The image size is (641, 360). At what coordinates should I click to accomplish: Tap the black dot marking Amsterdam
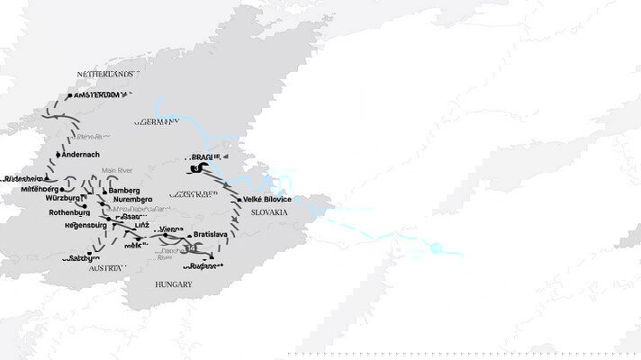pos(69,95)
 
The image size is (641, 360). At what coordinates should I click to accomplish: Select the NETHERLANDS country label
pos(104,74)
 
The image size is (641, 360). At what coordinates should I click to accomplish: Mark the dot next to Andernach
pos(59,155)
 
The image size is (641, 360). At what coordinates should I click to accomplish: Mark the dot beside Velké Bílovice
pos(240,199)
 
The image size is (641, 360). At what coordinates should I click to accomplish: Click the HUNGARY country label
pos(172,284)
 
